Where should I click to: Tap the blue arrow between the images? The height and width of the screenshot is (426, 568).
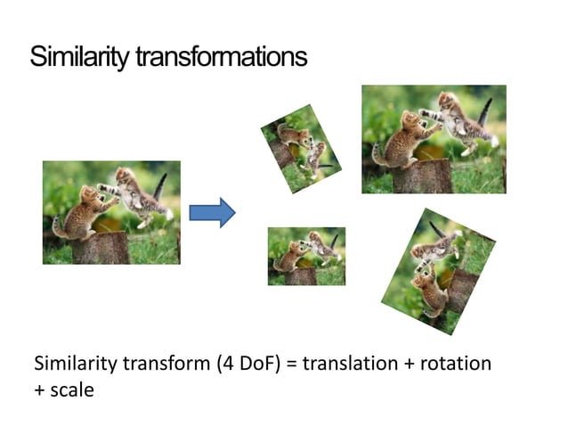point(212,213)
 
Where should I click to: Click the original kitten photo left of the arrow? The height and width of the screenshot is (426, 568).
point(111,212)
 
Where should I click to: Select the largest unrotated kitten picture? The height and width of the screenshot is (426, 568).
point(434,139)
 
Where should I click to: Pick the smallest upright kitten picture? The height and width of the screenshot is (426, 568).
point(306,256)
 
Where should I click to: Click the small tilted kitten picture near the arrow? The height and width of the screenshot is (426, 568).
point(301,148)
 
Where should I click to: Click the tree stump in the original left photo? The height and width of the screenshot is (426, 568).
point(100,248)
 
